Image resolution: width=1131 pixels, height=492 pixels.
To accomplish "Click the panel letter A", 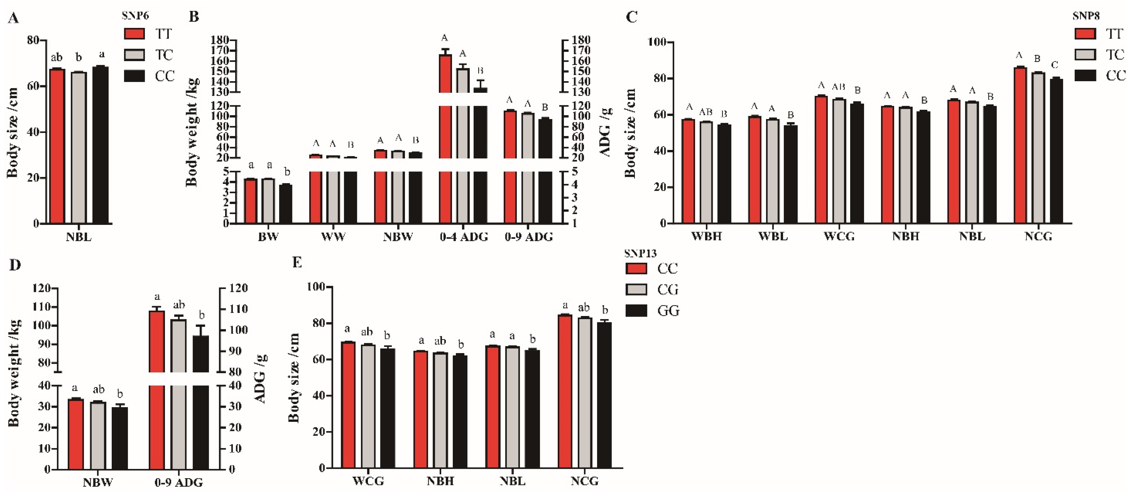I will click(13, 18).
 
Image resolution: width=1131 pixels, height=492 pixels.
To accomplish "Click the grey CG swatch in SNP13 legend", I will click(636, 289).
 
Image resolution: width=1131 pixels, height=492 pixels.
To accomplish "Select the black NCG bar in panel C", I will click(1056, 152).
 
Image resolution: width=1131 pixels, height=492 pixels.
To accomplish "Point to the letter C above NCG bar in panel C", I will click(1055, 65).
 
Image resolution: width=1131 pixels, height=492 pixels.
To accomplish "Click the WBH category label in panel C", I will click(706, 237).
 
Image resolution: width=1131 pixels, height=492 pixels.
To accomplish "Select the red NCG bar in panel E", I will click(565, 391).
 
